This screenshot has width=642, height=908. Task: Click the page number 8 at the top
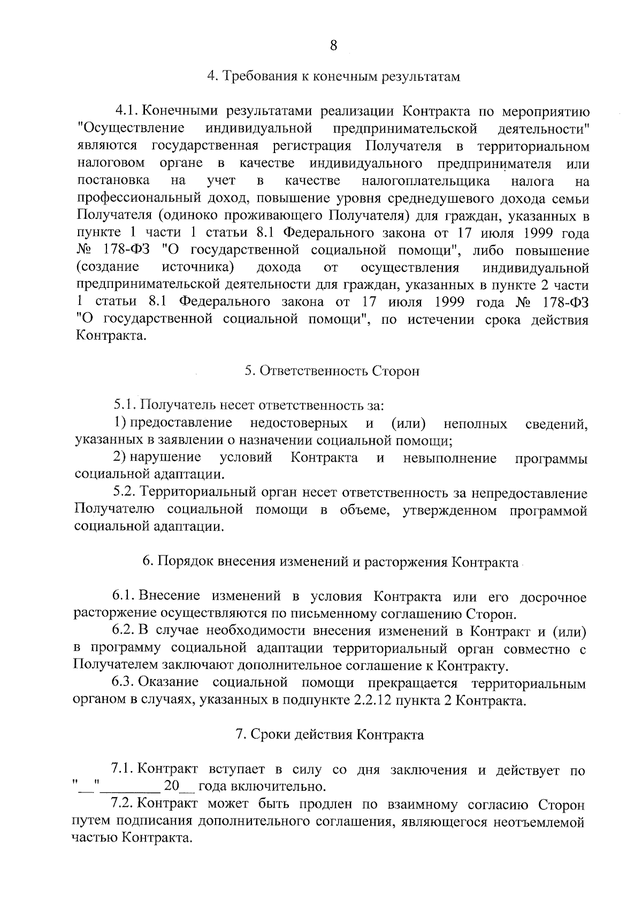point(333,45)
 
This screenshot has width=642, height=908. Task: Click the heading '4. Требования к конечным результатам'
point(333,77)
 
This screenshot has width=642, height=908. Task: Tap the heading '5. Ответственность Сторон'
point(332,371)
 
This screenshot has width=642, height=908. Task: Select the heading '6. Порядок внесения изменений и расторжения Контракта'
point(331,562)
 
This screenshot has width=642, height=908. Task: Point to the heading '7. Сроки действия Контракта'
point(330,735)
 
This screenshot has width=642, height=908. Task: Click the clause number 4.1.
point(127,112)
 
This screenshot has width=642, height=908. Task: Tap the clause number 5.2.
point(125,493)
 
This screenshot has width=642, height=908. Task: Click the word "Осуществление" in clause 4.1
point(131,129)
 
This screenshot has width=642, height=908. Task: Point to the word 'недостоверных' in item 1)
point(298,424)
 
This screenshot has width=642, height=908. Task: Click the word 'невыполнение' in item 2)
point(449,459)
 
